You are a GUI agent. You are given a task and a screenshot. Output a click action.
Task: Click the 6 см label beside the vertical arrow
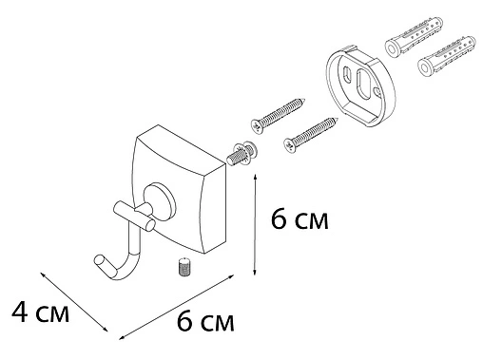point(299,222)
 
